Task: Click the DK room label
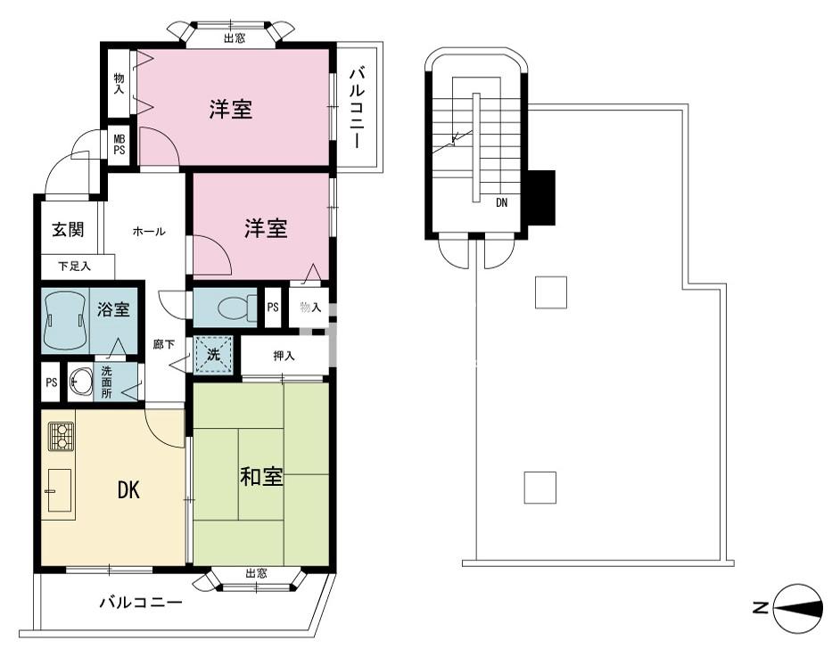pos(128,490)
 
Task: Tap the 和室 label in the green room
pos(261,477)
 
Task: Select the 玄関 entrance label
pos(68,230)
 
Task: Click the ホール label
pos(149,231)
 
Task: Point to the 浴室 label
pos(113,309)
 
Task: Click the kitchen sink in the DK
pos(60,490)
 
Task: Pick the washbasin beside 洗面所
pos(80,382)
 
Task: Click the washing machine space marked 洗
pos(213,354)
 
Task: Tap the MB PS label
pos(119,144)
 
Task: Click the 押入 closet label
pos(284,356)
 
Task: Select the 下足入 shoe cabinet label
pos(75,267)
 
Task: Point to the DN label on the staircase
pos(501,202)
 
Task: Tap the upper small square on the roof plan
pos(551,292)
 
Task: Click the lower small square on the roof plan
pos(540,488)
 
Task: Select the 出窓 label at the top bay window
pos(235,37)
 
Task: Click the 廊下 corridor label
pos(163,345)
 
